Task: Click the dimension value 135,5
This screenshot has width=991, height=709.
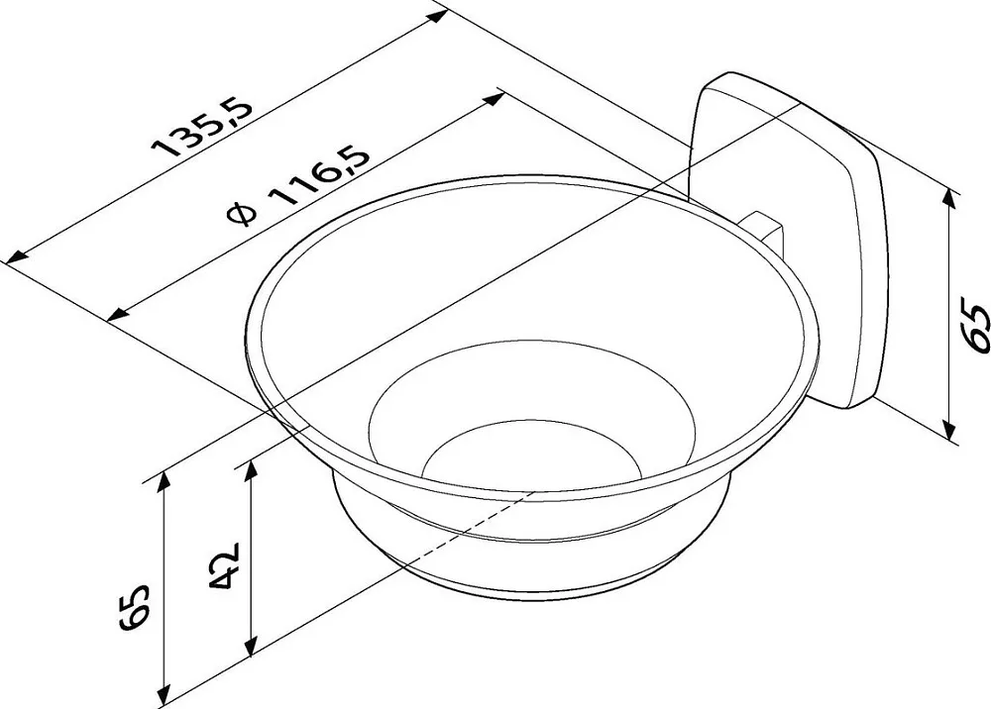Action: click(x=204, y=127)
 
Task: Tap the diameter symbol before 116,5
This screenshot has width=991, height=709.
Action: click(x=243, y=214)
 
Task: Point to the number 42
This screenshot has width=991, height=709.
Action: click(x=224, y=564)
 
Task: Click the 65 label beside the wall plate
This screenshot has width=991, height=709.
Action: click(x=971, y=327)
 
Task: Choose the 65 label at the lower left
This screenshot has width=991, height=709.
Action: click(x=134, y=607)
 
